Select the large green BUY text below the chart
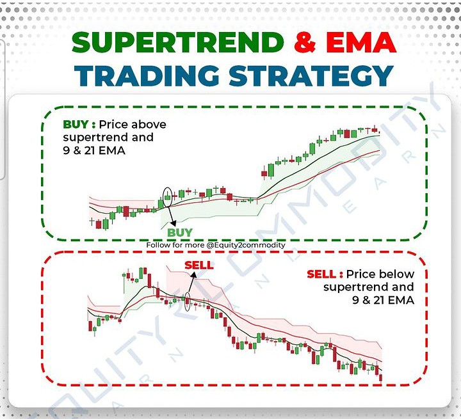(x=180, y=232)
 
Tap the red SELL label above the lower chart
(x=198, y=265)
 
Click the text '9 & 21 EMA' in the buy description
(x=95, y=150)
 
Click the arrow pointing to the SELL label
(x=191, y=282)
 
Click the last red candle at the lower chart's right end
(x=382, y=377)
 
